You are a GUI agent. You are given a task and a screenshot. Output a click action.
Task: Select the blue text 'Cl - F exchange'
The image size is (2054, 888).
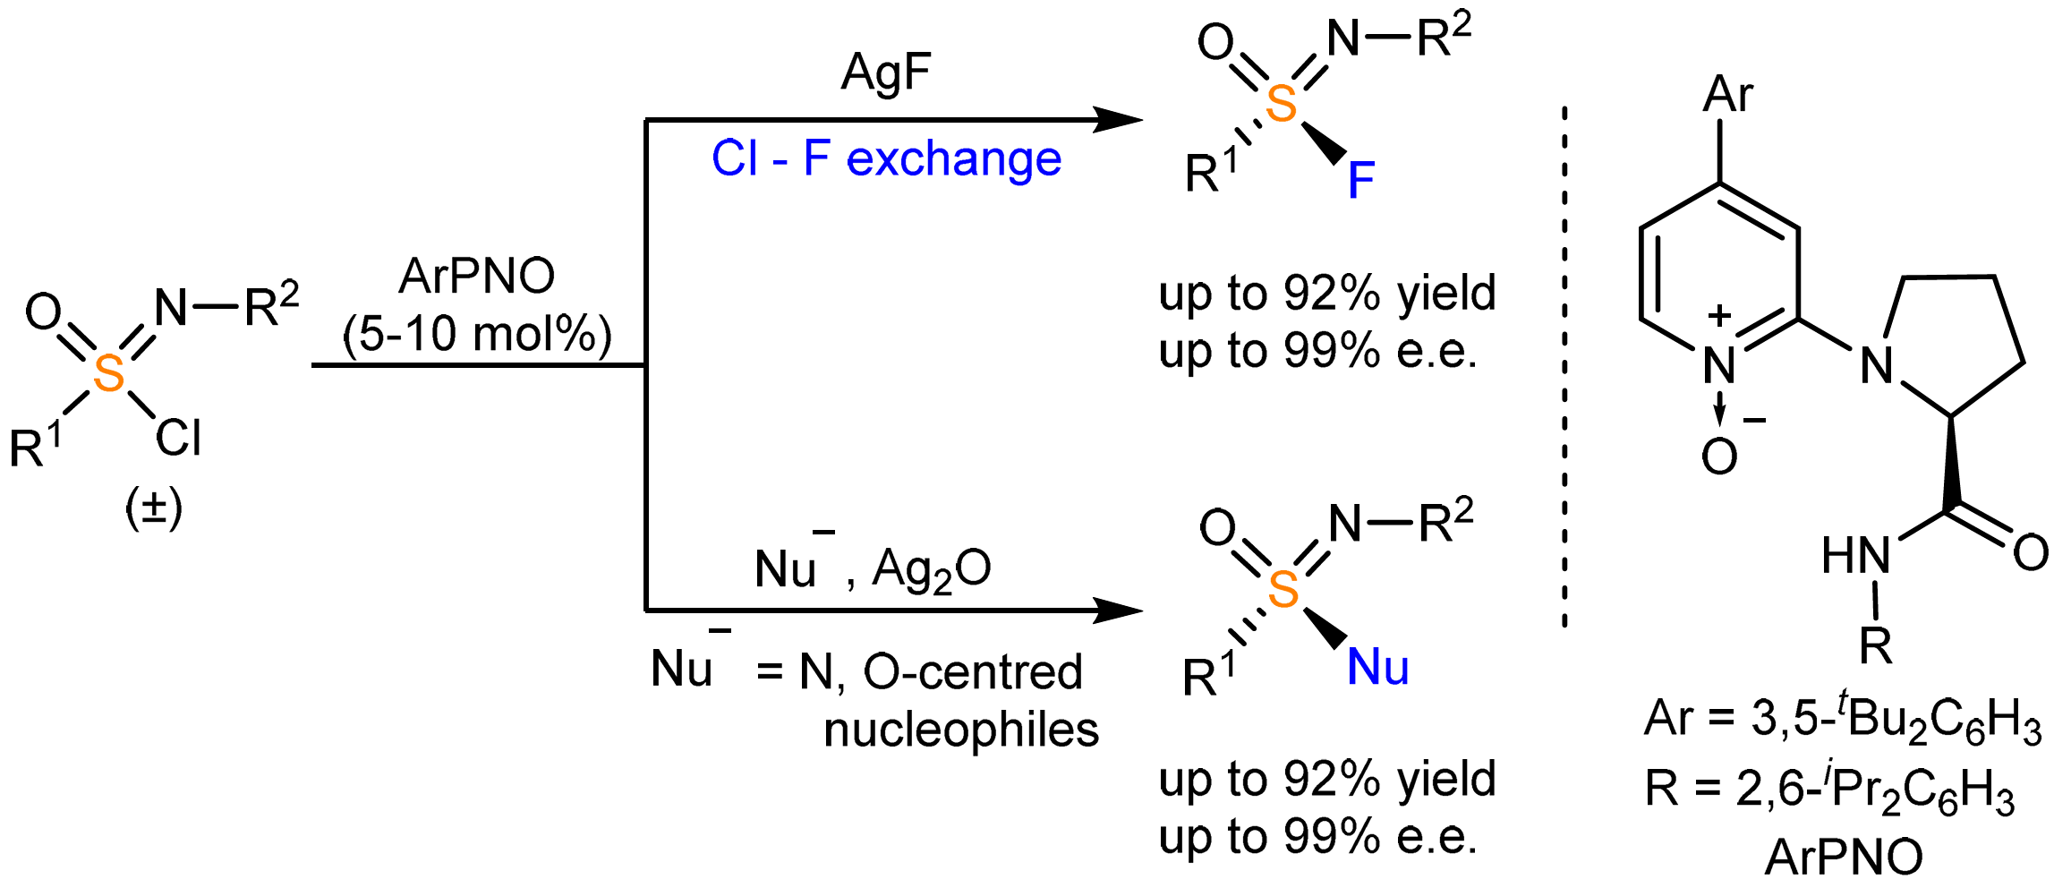tap(886, 159)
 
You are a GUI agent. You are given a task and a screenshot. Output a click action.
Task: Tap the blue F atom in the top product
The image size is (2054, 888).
tap(1360, 181)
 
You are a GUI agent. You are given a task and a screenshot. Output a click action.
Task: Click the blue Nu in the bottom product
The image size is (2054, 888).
tap(1377, 668)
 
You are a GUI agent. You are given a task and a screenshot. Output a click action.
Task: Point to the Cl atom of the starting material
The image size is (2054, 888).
tap(178, 439)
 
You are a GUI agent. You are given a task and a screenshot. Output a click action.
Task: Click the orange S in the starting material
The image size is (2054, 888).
tap(109, 373)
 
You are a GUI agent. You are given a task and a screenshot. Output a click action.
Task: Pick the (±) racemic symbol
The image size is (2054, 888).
tap(154, 508)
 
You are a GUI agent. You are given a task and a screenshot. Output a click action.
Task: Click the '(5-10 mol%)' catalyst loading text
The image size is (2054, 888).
tap(477, 334)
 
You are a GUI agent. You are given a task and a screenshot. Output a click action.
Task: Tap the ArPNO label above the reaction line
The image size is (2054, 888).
tap(477, 276)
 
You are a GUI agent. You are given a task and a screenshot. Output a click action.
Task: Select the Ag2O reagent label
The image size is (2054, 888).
tap(932, 569)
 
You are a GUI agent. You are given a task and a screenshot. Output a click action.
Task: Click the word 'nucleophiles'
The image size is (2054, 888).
tap(961, 730)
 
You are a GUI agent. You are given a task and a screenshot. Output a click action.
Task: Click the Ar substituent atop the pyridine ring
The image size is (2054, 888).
tap(1727, 93)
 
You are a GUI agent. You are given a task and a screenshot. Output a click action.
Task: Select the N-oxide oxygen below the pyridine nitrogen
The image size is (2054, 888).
tap(1718, 457)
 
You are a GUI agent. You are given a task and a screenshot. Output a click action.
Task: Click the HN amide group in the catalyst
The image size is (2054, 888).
tap(1856, 556)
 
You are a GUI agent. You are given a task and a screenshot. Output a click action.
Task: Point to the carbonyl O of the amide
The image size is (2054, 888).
tap(2030, 552)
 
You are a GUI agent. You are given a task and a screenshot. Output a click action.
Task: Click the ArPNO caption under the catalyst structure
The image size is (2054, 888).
tap(1844, 857)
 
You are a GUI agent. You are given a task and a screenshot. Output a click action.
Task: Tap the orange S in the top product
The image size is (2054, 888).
tap(1282, 104)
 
